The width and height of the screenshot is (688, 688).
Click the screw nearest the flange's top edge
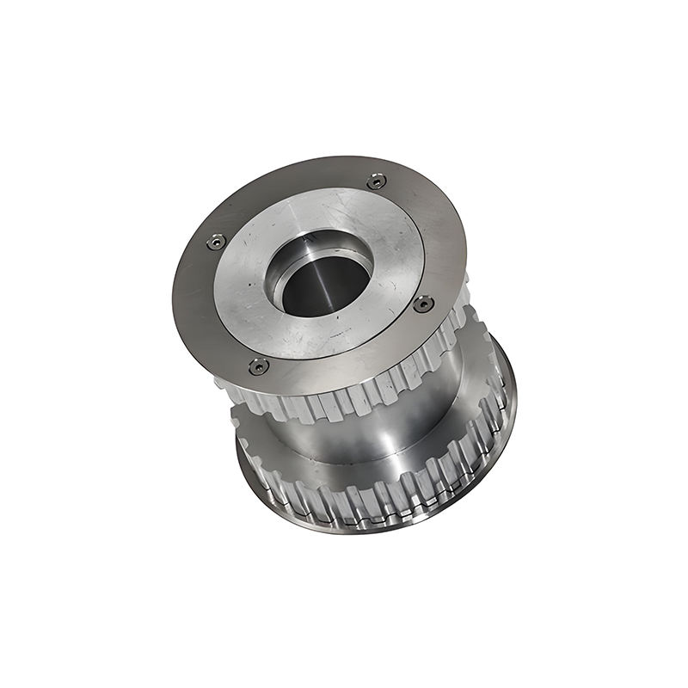click(x=376, y=181)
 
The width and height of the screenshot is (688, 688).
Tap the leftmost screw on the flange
click(x=217, y=243)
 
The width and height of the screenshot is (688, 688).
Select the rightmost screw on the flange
click(x=423, y=304)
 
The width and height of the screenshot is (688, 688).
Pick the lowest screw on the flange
click(x=258, y=366)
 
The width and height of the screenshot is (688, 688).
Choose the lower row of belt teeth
click(x=378, y=499)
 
